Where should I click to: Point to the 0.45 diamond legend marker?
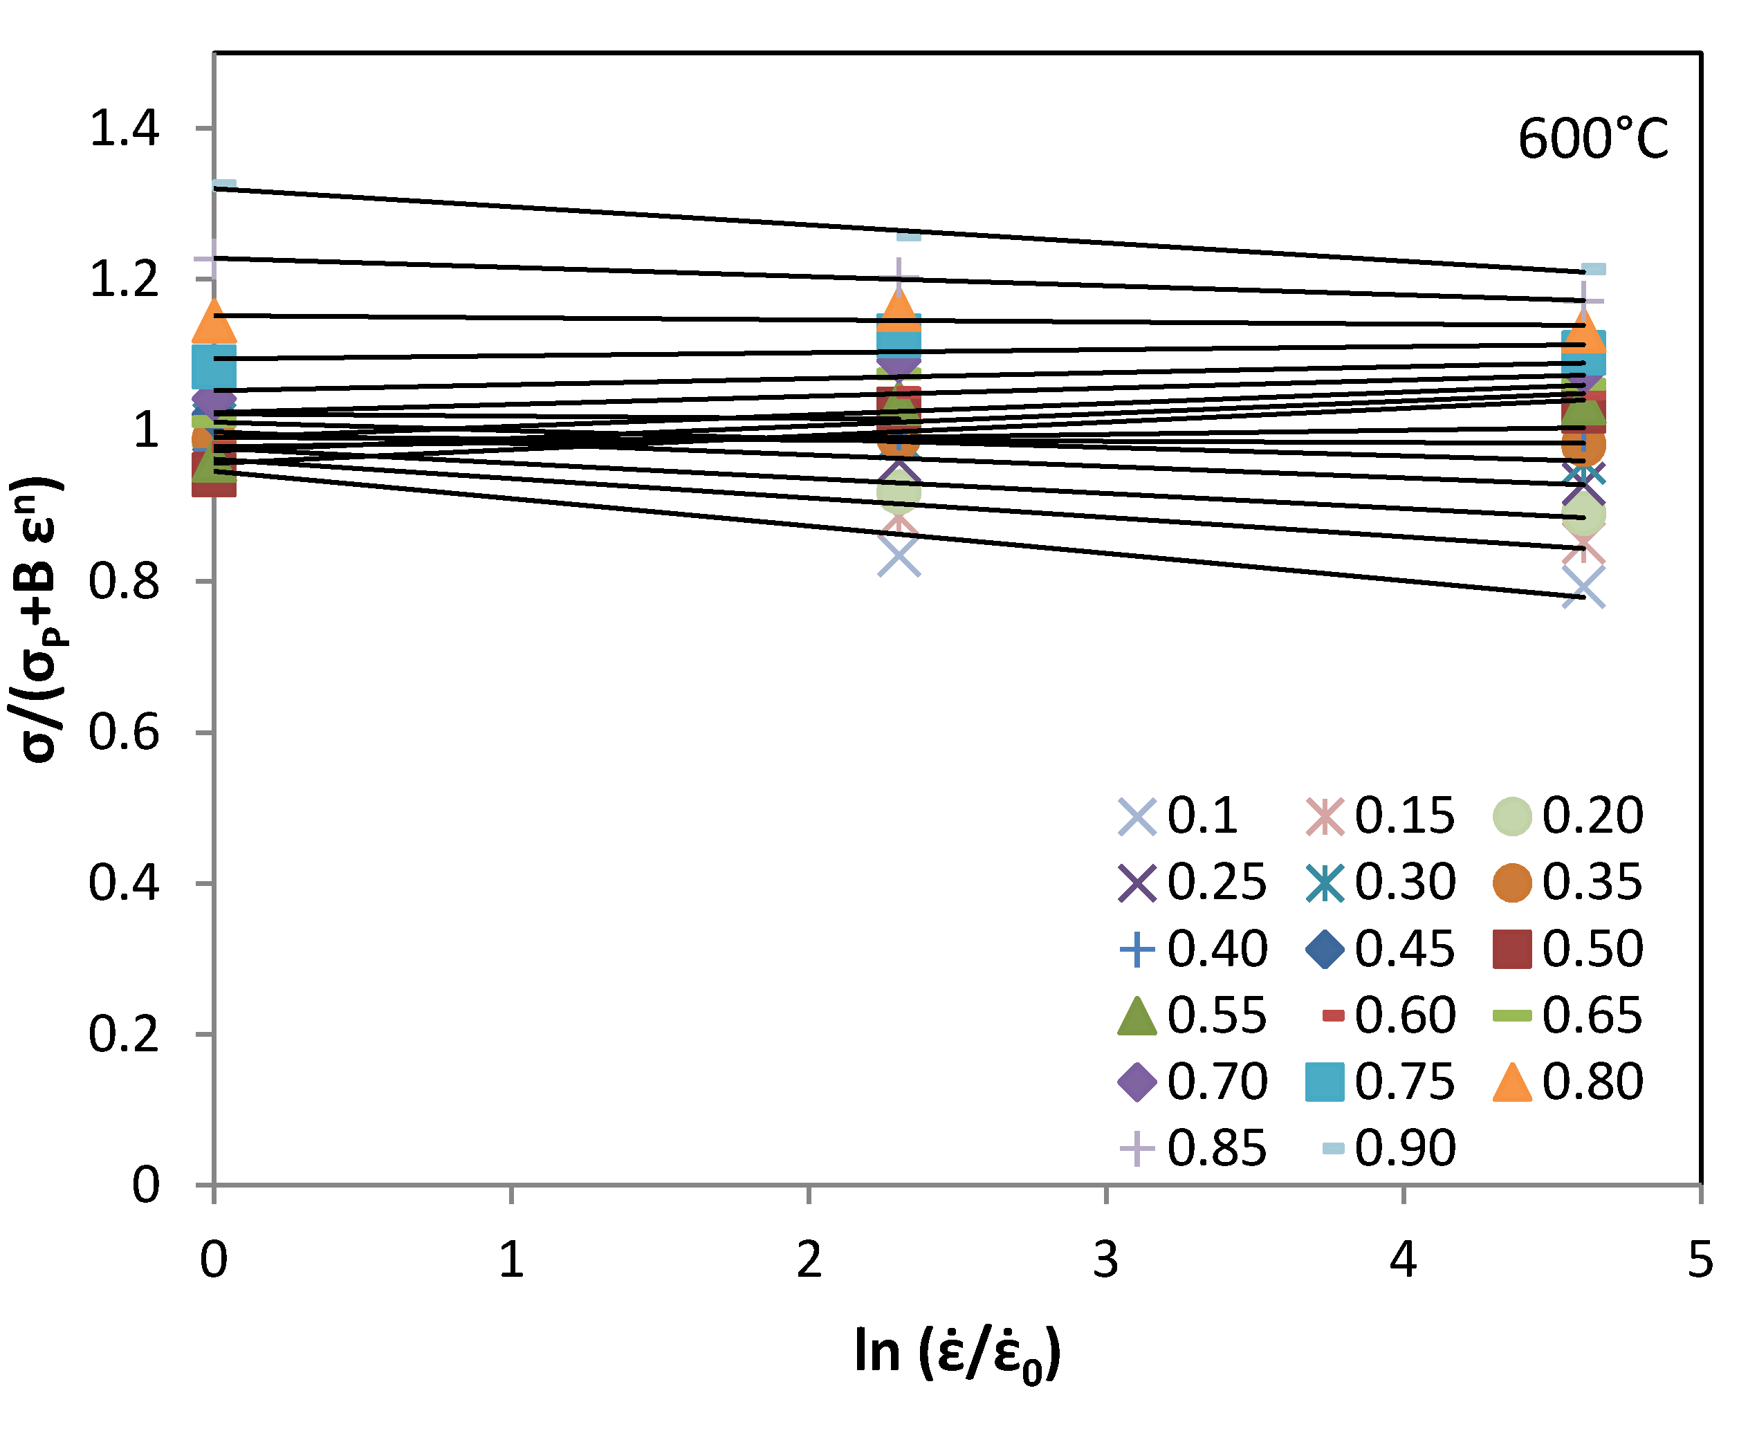tap(1325, 949)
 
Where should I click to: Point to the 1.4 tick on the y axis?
tap(124, 129)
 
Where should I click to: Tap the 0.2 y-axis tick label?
tap(124, 1034)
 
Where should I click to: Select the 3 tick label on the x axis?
tap(1105, 1260)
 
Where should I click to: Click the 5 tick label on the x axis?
tap(1700, 1260)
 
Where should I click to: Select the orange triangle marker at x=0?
tap(214, 322)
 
